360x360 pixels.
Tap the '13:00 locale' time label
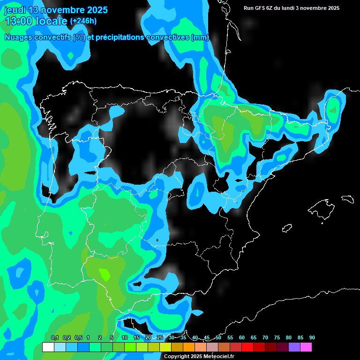click(36, 21)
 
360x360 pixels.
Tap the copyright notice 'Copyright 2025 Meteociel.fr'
click(199, 356)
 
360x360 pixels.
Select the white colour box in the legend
click(48, 347)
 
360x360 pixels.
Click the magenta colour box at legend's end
click(306, 347)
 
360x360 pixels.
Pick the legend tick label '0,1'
click(54, 337)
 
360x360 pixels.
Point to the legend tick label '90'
click(312, 337)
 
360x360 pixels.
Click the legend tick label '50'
click(218, 337)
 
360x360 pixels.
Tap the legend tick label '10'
click(125, 337)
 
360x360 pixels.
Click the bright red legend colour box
click(247, 347)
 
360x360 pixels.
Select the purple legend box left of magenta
click(294, 347)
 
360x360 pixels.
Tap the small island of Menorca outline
click(347, 199)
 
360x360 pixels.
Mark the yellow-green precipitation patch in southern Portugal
click(104, 274)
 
